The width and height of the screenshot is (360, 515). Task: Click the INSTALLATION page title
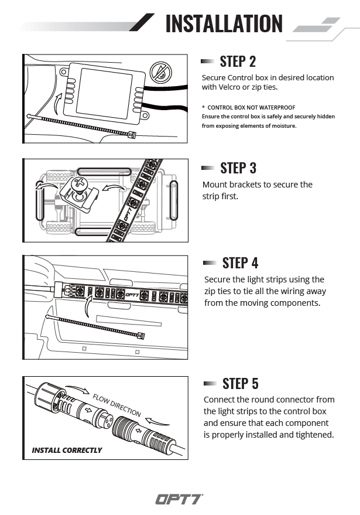click(224, 23)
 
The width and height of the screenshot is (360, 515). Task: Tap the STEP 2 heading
click(238, 61)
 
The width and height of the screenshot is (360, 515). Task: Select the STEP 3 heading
click(238, 168)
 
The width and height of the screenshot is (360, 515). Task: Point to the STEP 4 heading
click(240, 263)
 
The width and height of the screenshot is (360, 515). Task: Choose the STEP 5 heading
click(240, 384)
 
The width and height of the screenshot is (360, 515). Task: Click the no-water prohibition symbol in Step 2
click(159, 73)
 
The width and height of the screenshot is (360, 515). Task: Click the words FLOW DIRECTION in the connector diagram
click(116, 405)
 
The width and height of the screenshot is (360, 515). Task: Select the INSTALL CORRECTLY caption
click(67, 451)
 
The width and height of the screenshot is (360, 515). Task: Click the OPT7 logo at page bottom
click(179, 499)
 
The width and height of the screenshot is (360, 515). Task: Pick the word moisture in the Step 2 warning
click(283, 125)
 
